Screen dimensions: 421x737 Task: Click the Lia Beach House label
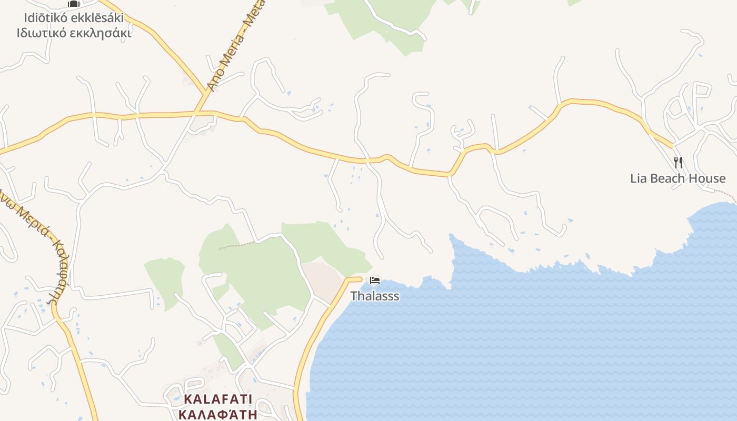678,178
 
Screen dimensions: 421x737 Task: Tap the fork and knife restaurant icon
678,163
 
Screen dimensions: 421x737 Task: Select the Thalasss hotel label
375,296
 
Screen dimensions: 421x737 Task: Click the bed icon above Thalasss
375,280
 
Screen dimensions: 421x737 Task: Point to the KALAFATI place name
218,399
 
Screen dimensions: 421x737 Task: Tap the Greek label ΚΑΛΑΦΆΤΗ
218,414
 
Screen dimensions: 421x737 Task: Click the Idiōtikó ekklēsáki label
73,18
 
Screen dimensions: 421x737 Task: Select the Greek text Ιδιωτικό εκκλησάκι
73,33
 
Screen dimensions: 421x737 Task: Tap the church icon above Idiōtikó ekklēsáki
73,4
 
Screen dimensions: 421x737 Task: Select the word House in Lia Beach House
708,178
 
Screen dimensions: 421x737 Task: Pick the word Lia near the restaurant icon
639,178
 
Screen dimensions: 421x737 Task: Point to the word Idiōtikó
42,18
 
